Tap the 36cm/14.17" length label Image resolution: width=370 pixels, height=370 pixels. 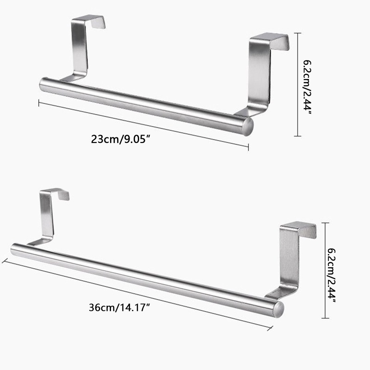tap(120, 308)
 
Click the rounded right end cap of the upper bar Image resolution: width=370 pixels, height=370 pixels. tap(249, 126)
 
